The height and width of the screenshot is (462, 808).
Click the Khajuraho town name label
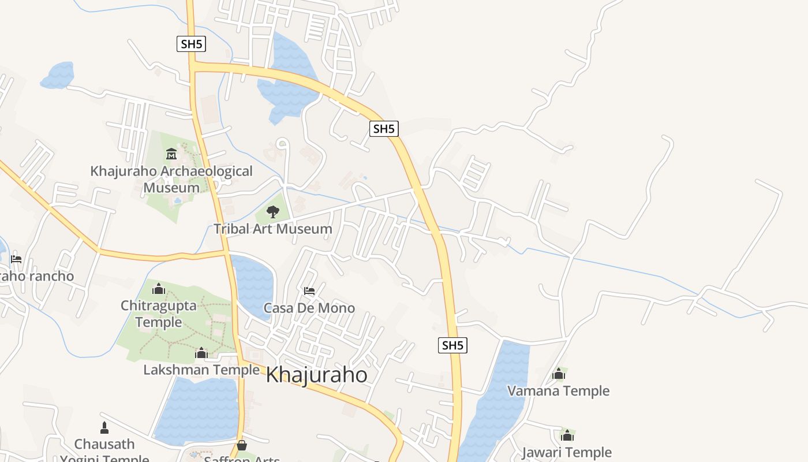tap(316, 375)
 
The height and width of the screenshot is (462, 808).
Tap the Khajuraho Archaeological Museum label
tap(171, 179)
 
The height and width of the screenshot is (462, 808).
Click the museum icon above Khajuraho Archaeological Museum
tap(171, 154)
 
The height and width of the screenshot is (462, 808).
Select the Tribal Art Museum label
tap(273, 229)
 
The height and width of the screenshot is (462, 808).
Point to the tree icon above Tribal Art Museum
tap(273, 212)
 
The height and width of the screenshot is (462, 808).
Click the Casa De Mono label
tap(309, 308)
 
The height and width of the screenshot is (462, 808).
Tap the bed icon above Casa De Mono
tap(309, 290)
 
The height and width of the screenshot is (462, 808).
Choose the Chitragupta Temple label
tap(159, 314)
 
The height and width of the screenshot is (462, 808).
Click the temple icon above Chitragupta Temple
tap(158, 288)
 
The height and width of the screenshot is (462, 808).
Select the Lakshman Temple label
tap(201, 370)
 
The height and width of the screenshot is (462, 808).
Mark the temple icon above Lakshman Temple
tap(201, 352)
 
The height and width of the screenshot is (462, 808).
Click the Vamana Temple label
tap(558, 391)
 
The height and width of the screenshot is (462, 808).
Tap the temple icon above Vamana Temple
tap(558, 374)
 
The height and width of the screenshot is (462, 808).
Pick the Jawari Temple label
tap(567, 452)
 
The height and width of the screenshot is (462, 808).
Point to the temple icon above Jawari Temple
tap(567, 435)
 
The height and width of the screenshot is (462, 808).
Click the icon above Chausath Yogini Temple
tap(104, 428)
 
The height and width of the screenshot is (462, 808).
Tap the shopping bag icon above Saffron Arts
tap(242, 445)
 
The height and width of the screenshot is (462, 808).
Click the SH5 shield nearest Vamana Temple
tap(452, 345)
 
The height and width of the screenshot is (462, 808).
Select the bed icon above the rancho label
tap(16, 259)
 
